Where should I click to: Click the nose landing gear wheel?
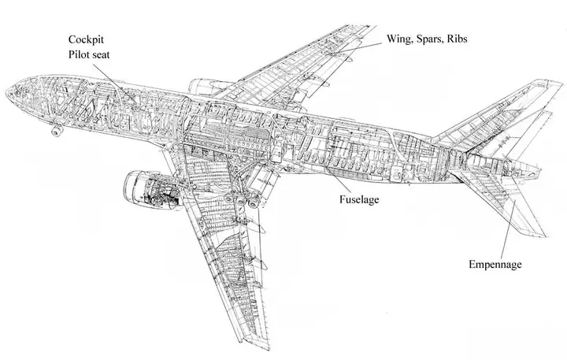click(x=57, y=132)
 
